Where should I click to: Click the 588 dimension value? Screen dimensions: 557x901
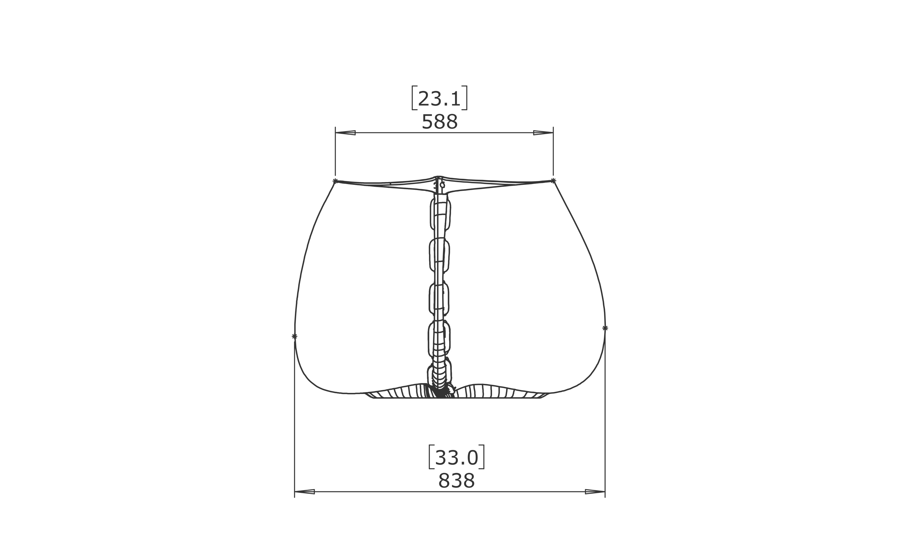[440, 122]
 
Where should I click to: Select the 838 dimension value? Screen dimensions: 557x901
[457, 481]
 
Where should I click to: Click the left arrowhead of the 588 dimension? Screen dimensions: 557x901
[345, 133]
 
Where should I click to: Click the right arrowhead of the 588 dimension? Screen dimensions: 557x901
[543, 133]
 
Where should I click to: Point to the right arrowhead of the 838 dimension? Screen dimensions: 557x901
[595, 491]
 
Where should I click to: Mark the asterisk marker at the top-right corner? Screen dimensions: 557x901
[553, 180]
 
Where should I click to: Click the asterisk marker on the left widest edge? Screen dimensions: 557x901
[294, 336]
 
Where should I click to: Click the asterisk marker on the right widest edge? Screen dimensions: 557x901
[605, 328]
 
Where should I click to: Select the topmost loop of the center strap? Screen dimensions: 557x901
[440, 215]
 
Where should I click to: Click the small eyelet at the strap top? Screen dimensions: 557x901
[442, 185]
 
